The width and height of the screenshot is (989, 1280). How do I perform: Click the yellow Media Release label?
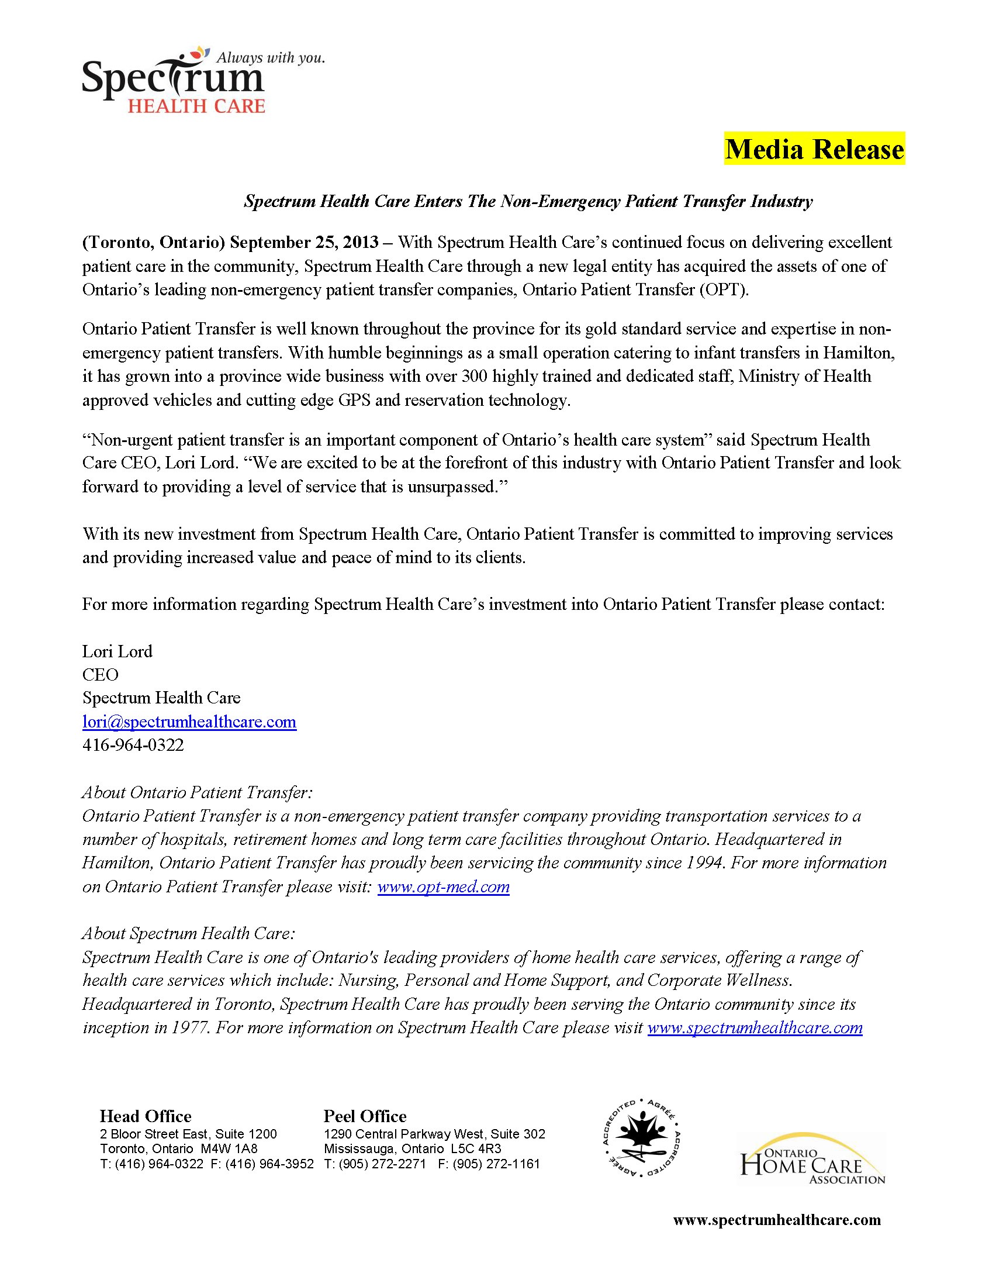(x=814, y=149)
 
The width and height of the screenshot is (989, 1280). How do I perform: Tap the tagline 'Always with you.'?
(x=270, y=57)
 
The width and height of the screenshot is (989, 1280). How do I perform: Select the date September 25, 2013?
(x=304, y=242)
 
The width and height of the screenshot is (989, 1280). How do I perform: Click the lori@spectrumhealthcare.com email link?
(x=189, y=722)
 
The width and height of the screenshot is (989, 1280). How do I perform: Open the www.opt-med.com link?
(x=443, y=886)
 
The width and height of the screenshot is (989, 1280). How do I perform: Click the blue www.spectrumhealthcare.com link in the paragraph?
(x=755, y=1027)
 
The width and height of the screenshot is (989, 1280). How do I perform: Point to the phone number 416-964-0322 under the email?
(x=133, y=745)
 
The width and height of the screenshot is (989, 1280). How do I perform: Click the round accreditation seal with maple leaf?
(x=641, y=1138)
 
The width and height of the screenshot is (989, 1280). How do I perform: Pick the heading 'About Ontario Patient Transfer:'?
(x=198, y=792)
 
